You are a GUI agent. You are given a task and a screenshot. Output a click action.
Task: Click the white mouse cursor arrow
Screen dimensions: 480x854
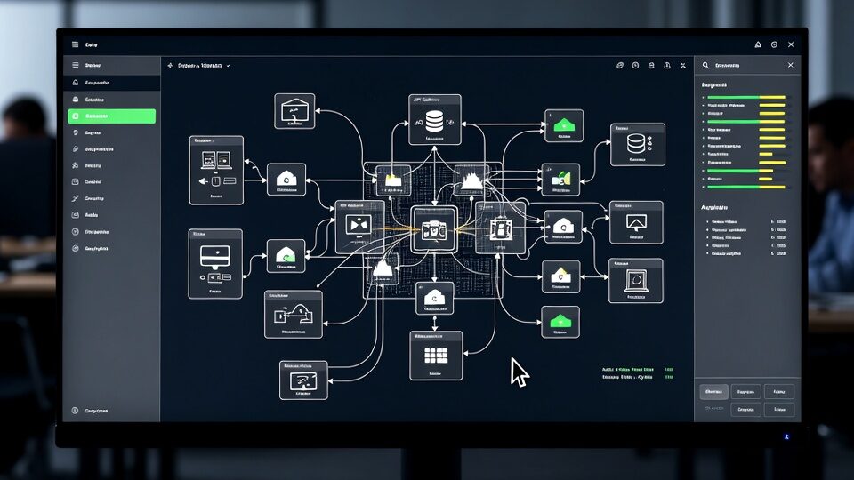[x=519, y=372]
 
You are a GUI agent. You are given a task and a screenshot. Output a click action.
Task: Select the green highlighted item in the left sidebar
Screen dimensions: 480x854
[x=111, y=116]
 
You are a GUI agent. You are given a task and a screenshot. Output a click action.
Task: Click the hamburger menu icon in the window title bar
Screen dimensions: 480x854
[x=75, y=44]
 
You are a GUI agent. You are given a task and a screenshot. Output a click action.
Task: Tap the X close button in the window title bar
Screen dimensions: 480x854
[x=791, y=44]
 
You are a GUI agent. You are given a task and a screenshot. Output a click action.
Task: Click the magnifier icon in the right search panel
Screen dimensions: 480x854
[x=706, y=65]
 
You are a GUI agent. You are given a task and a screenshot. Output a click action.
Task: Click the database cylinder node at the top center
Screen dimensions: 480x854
[x=435, y=119]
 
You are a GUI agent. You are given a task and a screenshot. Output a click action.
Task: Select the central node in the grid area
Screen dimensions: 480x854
[x=434, y=228]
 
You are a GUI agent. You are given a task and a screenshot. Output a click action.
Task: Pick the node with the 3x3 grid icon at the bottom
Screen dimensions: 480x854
[x=435, y=355]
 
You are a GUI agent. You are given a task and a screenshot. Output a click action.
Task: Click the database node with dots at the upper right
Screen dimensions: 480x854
[x=637, y=144]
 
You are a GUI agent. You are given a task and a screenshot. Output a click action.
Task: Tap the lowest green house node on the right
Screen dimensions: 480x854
[x=560, y=321]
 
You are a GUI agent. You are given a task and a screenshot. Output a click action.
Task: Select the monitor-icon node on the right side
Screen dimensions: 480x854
[x=636, y=222]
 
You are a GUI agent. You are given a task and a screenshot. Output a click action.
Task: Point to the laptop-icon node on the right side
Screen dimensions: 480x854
[x=635, y=281]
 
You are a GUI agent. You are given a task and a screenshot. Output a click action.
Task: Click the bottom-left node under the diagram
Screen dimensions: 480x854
[x=303, y=380]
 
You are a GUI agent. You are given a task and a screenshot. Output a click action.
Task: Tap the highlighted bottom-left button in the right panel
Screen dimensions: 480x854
[x=713, y=391]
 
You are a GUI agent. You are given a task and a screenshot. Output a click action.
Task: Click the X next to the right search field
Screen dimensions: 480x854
[x=790, y=65]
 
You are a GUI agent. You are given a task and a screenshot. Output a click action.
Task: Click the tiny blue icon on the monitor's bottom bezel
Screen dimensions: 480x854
[x=786, y=436]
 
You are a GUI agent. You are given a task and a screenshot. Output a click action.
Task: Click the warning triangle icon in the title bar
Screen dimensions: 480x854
[x=758, y=44]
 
